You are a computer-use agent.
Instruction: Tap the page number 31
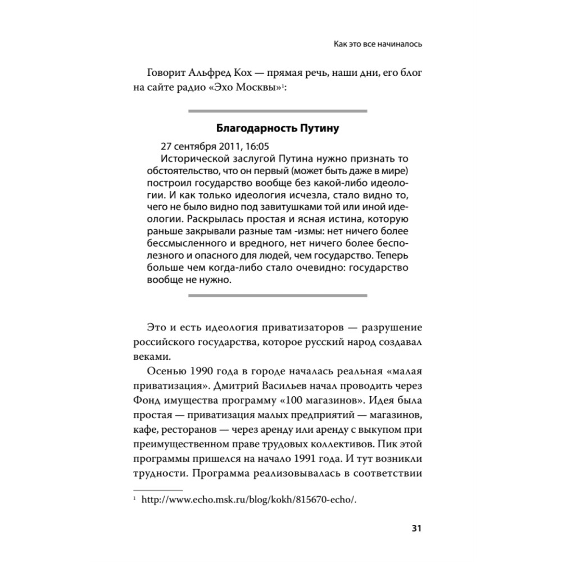[x=416, y=528]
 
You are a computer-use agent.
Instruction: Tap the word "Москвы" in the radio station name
[x=253, y=88]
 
